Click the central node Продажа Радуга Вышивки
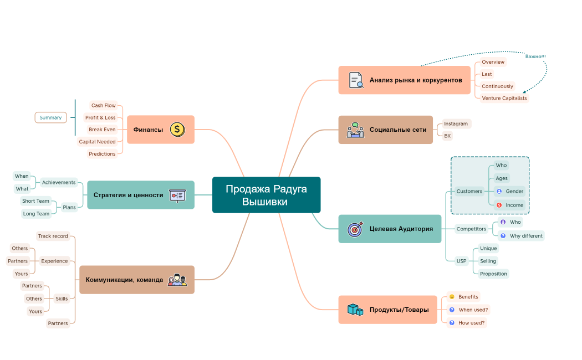click(266, 195)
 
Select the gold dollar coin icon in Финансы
click(177, 130)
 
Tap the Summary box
click(50, 117)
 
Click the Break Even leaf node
click(102, 130)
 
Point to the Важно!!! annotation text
click(535, 56)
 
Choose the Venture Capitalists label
click(504, 98)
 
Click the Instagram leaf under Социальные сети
click(456, 124)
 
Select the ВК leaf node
click(447, 136)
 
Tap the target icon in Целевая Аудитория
click(355, 229)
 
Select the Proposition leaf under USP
click(493, 274)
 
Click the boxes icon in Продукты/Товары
click(355, 310)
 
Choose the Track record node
click(53, 236)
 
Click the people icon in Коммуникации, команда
click(177, 280)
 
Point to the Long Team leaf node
click(35, 214)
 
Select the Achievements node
click(59, 182)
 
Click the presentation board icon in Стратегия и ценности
click(177, 195)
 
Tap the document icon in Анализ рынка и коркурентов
click(355, 80)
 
